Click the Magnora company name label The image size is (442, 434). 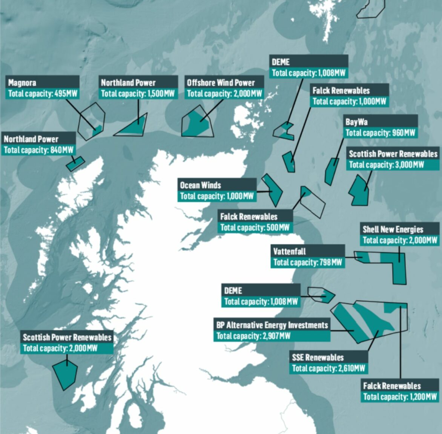pos(22,83)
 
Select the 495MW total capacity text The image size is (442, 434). pos(43,93)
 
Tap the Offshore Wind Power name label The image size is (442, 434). pos(221,83)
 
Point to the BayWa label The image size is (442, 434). pos(356,122)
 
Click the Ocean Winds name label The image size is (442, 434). pos(200,185)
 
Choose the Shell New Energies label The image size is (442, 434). pos(393,229)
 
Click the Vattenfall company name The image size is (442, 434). pos(289,251)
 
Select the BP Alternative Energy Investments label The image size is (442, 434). pos(272,325)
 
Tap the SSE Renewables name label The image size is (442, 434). pos(318,357)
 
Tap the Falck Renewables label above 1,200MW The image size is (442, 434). pos(391,386)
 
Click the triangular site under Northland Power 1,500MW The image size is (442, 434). pos(134,126)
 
